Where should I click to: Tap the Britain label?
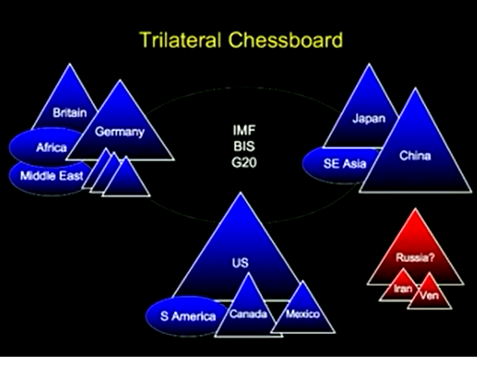pos(69,113)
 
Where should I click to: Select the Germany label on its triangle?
pos(120,132)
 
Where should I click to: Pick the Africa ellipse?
pos(46,148)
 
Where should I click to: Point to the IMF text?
pos(244,131)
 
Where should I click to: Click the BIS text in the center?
pos(244,147)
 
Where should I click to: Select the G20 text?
pos(244,163)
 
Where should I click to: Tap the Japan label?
pos(369,118)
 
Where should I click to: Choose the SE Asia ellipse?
pos(341,164)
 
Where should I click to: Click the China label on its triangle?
pos(415,156)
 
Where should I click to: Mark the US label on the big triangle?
pos(241,263)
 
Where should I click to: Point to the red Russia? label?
pos(415,258)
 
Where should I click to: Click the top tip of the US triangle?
pos(241,192)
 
